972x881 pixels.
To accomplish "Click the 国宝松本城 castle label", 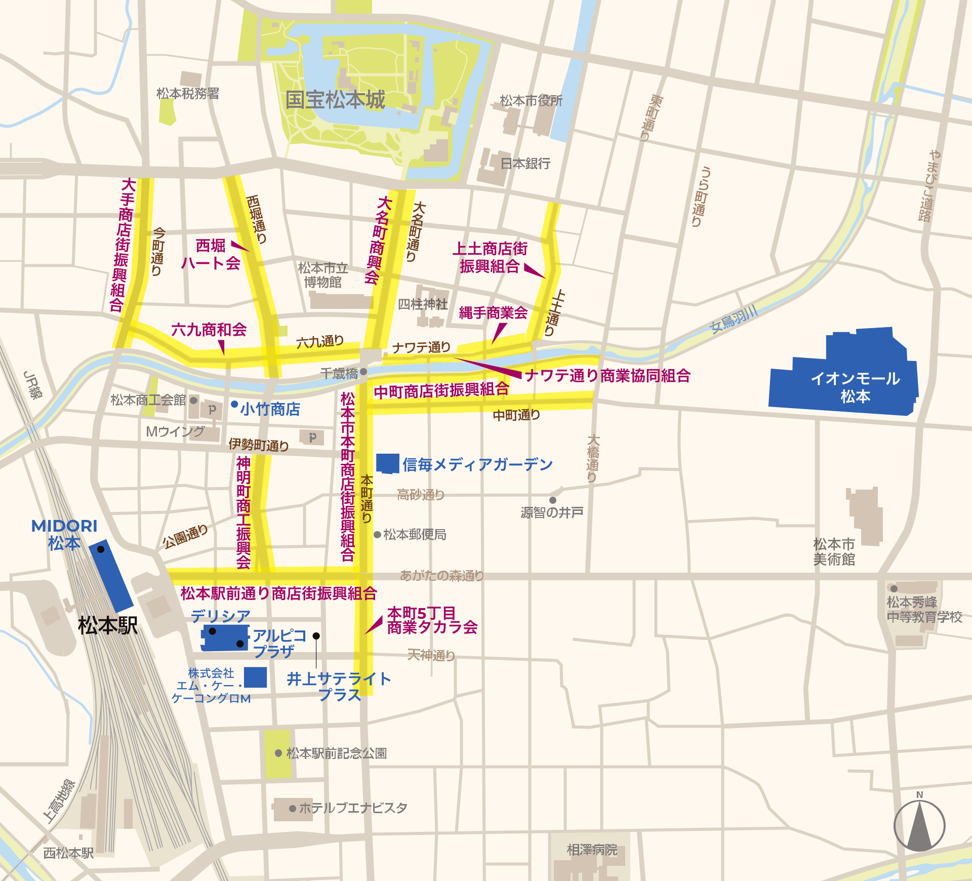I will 335,100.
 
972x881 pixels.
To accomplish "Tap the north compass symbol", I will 919,826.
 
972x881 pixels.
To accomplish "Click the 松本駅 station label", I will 107,626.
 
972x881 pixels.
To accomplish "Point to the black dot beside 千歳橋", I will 363,372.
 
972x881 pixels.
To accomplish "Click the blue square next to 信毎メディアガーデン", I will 388,463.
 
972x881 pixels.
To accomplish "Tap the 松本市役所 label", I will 531,101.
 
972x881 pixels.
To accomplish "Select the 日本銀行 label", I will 525,164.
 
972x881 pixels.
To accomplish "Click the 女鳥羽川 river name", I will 734,319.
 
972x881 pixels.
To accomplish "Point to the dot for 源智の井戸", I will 553,500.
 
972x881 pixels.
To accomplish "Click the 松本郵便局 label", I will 415,535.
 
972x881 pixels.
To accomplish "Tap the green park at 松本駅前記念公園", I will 278,754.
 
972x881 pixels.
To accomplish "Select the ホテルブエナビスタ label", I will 353,808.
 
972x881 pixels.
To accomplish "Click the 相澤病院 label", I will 592,850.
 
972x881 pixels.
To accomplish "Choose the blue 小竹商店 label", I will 270,409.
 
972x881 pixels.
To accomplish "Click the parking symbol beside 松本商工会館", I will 212,410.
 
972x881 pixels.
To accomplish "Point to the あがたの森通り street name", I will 442,576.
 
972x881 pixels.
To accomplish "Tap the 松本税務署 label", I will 188,94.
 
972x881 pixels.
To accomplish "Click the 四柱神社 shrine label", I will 423,304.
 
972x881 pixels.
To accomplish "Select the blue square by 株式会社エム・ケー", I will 256,677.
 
